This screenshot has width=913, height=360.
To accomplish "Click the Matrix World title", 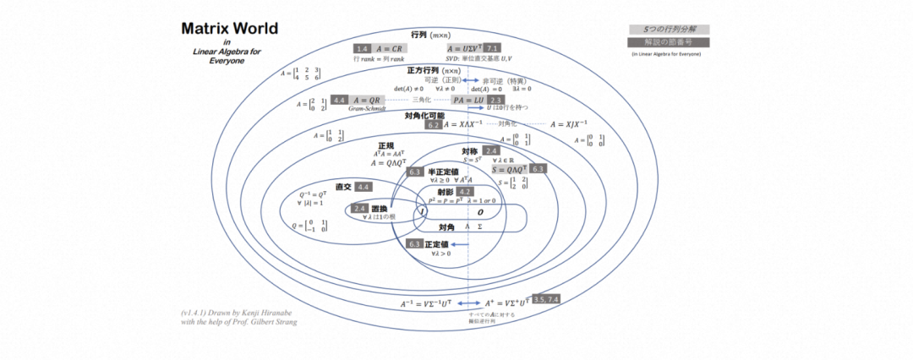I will [x=229, y=30].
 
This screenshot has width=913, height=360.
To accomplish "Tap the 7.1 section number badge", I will [x=492, y=48].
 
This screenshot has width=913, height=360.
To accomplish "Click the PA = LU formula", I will [x=468, y=100].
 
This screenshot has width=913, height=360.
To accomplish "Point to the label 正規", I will [x=386, y=145].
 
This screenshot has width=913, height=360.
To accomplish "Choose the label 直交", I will [x=343, y=186].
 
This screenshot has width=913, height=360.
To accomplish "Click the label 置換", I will [x=379, y=209].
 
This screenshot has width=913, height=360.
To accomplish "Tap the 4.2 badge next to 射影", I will [x=465, y=193].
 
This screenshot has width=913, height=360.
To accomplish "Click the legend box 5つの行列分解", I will [x=669, y=29].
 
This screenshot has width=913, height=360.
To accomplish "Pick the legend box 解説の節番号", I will [x=669, y=42].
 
